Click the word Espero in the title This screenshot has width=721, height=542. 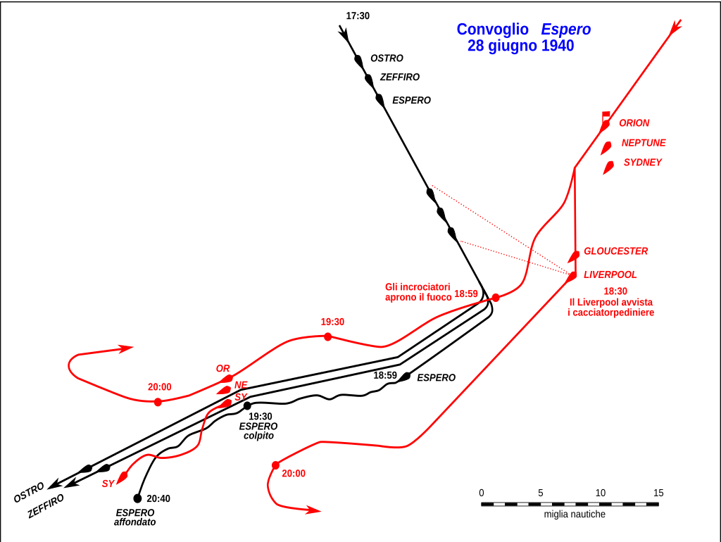(565, 30)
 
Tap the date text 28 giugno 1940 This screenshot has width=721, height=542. (520, 46)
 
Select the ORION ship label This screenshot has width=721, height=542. (634, 123)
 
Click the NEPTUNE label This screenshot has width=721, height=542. (643, 143)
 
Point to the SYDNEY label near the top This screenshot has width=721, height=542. (642, 163)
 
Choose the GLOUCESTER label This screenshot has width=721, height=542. (615, 251)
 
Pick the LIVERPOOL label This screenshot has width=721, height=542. (610, 275)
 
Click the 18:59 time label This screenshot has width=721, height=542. (466, 294)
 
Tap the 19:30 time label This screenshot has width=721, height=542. (332, 322)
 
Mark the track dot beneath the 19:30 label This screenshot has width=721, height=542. (328, 336)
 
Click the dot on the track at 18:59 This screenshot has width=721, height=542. (496, 298)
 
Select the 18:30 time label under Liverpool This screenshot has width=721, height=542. (615, 291)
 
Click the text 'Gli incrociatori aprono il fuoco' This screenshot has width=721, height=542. (418, 292)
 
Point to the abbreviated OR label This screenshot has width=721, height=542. (222, 369)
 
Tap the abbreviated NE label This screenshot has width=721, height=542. (241, 385)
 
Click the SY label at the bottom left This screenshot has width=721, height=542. (108, 484)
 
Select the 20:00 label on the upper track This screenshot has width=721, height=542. (159, 387)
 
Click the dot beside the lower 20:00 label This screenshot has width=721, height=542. (275, 465)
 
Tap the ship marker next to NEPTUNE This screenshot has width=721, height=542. (606, 148)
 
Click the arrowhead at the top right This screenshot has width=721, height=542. (676, 26)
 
